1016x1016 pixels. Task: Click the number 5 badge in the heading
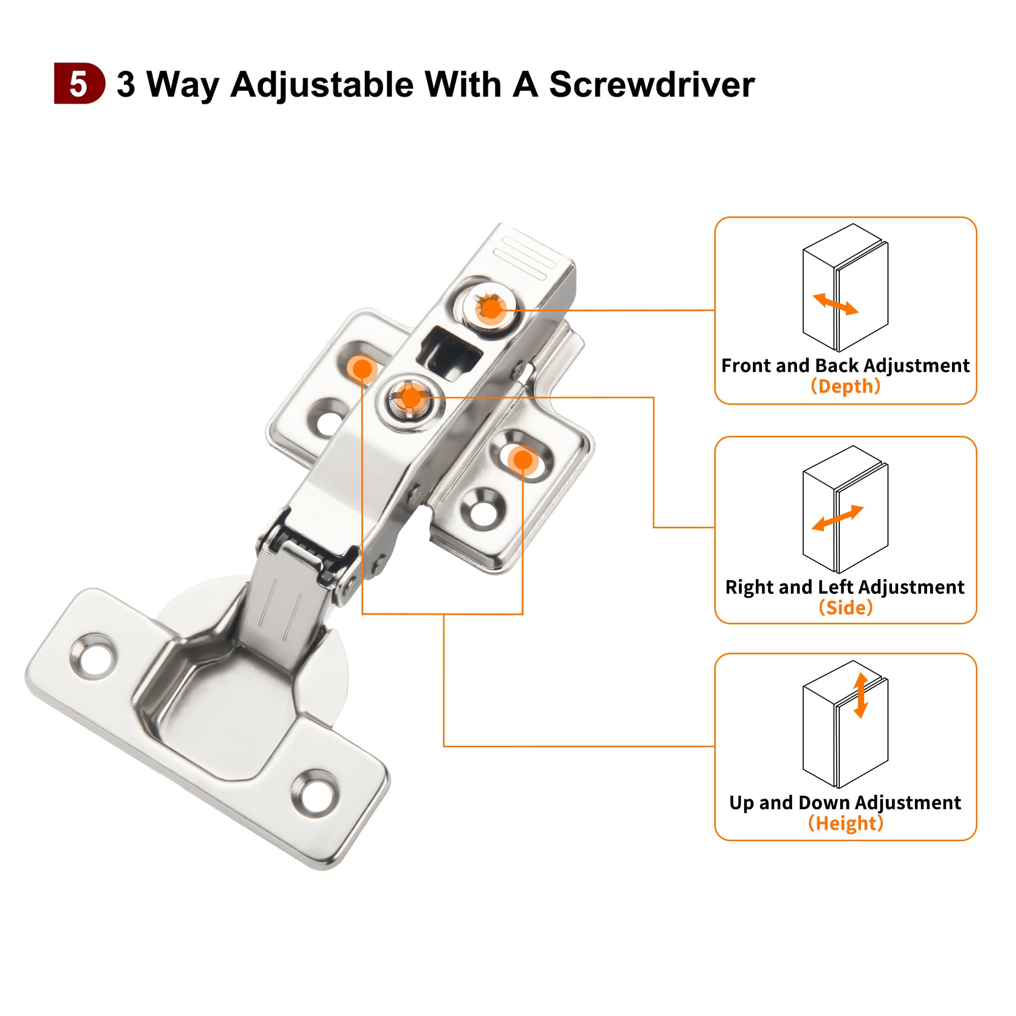(x=79, y=84)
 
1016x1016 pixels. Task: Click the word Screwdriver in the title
(x=652, y=84)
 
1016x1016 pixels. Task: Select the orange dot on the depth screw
(x=491, y=309)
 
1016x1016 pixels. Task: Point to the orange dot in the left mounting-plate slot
(x=362, y=369)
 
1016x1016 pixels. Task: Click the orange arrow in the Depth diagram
(x=835, y=304)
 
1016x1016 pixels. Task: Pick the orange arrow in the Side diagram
(x=838, y=518)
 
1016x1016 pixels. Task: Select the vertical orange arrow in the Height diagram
(x=861, y=695)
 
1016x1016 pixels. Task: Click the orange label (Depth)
(x=845, y=386)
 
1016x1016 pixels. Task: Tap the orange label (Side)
(x=845, y=608)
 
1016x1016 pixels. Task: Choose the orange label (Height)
(x=845, y=822)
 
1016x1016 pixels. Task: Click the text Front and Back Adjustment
(x=845, y=365)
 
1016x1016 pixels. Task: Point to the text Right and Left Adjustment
(x=845, y=587)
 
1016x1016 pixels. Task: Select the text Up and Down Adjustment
(x=845, y=803)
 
